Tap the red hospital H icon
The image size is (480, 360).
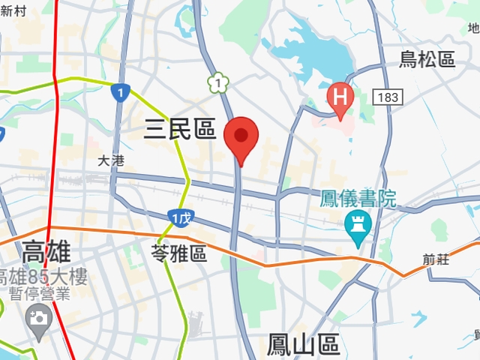click(x=340, y=97)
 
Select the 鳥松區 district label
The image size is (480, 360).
click(x=427, y=59)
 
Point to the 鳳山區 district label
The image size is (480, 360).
click(x=303, y=345)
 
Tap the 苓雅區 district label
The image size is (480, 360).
click(x=178, y=253)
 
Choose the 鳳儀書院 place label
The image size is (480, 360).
click(x=357, y=199)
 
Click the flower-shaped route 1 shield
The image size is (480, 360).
click(x=217, y=82)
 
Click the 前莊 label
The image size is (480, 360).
click(x=436, y=259)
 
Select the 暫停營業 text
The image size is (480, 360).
click(x=37, y=295)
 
